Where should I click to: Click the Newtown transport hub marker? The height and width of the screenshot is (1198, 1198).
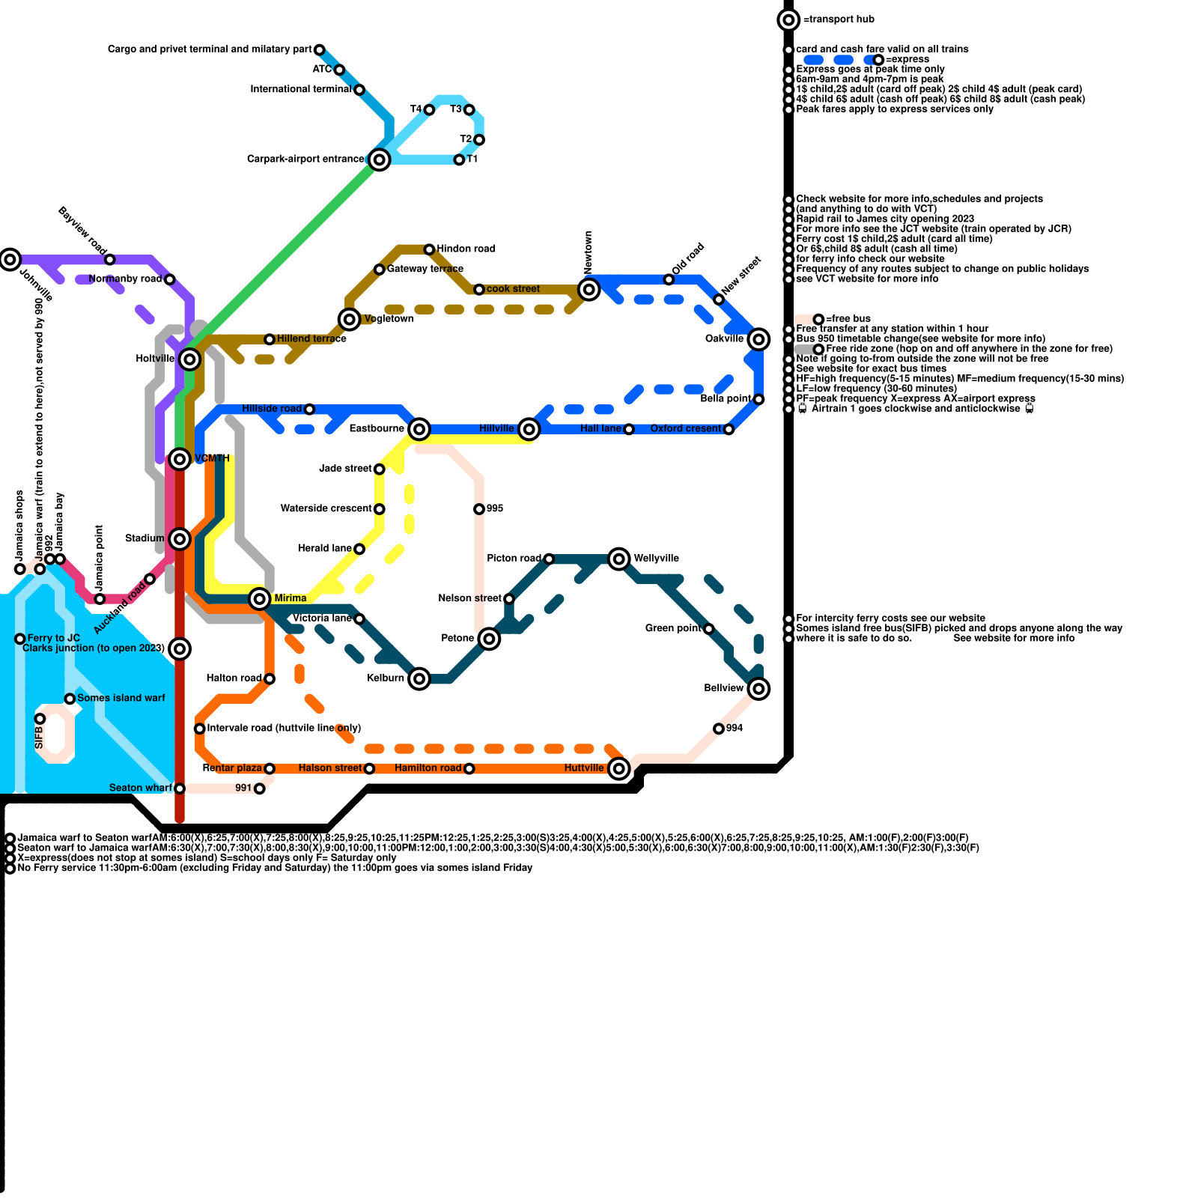(x=589, y=290)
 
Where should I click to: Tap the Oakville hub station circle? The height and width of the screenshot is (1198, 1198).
(x=758, y=339)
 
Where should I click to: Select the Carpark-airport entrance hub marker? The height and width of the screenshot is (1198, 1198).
(x=380, y=159)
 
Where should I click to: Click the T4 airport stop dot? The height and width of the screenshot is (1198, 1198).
(x=429, y=110)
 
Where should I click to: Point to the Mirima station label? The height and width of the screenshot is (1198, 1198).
(x=291, y=598)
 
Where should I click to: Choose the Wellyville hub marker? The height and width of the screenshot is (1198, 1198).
(x=619, y=559)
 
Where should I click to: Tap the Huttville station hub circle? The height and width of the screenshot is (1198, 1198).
(x=619, y=768)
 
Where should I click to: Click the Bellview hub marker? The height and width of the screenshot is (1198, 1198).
(x=758, y=688)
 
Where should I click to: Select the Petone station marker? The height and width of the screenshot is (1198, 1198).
(x=489, y=639)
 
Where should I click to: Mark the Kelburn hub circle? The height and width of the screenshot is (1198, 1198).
(x=419, y=678)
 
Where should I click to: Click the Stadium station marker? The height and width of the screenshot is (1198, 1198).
(x=180, y=538)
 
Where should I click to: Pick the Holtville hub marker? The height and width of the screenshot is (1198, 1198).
(x=190, y=359)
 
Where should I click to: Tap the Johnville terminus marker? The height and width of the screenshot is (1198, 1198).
(x=10, y=260)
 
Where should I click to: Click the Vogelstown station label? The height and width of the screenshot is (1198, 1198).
(x=389, y=319)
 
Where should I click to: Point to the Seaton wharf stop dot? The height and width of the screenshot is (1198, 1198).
(x=180, y=788)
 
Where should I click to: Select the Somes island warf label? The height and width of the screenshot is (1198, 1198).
(x=121, y=698)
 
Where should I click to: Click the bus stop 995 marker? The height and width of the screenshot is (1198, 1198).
(x=479, y=509)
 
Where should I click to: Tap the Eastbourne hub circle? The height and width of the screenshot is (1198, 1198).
(x=419, y=429)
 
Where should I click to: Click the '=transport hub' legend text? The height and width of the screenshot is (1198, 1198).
(x=839, y=19)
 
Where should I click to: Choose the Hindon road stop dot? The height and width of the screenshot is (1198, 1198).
(x=429, y=249)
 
